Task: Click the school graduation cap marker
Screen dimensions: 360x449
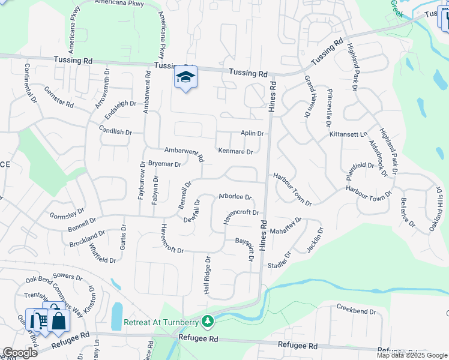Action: tap(186, 78)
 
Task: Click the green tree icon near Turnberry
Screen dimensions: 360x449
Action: tap(208, 322)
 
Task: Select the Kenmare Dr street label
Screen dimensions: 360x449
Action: tap(235, 152)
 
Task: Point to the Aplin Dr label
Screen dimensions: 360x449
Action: tap(252, 133)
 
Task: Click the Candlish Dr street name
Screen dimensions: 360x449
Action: tap(116, 131)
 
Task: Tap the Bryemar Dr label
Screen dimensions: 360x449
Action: tap(164, 164)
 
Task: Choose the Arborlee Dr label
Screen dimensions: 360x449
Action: tap(235, 196)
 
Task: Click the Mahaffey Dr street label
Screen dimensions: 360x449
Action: tap(286, 227)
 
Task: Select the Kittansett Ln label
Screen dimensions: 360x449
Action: tap(348, 135)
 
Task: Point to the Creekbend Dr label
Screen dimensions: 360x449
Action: tap(356, 312)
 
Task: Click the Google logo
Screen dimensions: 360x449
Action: tap(20, 353)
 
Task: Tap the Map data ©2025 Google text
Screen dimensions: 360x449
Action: tap(412, 355)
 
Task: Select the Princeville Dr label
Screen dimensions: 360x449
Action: tap(329, 107)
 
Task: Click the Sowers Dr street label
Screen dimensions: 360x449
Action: tap(67, 277)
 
